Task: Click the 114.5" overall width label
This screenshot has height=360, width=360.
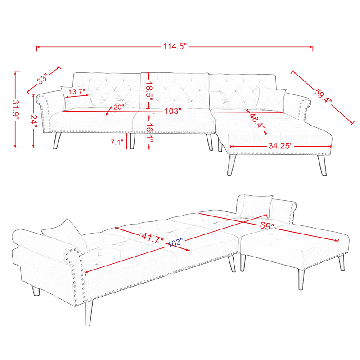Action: [x=175, y=47]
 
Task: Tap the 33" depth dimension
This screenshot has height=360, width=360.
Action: [x=42, y=80]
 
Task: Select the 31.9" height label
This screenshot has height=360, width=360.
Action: [x=16, y=109]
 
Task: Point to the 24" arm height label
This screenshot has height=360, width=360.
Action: [x=34, y=119]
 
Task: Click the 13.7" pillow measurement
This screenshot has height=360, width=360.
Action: [x=76, y=92]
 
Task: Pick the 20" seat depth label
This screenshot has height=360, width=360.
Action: [x=118, y=107]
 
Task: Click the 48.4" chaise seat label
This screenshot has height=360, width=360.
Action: [x=256, y=121]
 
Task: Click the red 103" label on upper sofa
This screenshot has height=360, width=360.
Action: [x=172, y=111]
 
